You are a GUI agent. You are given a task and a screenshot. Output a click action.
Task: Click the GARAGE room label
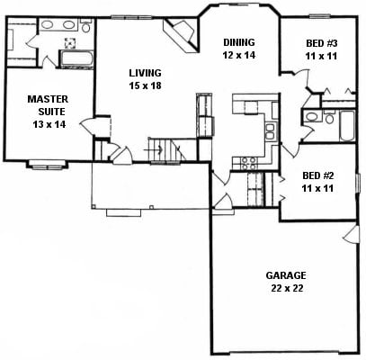click(x=286, y=275)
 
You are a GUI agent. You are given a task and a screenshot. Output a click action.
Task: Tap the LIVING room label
click(x=145, y=73)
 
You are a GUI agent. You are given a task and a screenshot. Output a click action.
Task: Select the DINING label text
click(x=239, y=42)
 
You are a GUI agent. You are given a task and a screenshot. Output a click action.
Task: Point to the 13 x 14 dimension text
click(x=49, y=124)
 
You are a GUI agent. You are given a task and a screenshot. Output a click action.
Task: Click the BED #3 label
click(x=322, y=43)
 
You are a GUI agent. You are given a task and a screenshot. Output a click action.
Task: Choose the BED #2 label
click(x=318, y=175)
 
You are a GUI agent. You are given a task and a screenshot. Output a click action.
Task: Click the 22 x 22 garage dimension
click(x=287, y=288)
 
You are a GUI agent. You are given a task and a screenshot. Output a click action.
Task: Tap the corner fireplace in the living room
click(x=182, y=34)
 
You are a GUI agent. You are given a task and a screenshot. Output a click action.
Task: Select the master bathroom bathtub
click(x=76, y=58)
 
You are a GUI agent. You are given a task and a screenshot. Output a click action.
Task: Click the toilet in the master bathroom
click(x=86, y=26)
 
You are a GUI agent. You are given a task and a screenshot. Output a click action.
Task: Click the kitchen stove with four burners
click(x=249, y=163)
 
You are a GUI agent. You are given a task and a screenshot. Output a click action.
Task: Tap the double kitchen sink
click(x=270, y=131)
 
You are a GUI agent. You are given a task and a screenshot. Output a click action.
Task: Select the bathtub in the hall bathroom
click(x=347, y=126)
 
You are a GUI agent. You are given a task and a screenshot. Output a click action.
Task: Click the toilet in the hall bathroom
click(x=329, y=117)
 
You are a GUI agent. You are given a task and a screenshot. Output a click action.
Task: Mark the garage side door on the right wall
click(x=352, y=235)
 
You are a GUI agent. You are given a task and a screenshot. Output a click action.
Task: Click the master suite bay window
click(x=47, y=165)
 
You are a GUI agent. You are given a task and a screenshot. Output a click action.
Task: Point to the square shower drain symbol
click(x=69, y=43)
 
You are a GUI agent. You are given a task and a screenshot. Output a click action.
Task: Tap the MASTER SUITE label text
click(x=48, y=105)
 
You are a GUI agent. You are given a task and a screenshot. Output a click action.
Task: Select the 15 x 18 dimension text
click(x=146, y=85)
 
